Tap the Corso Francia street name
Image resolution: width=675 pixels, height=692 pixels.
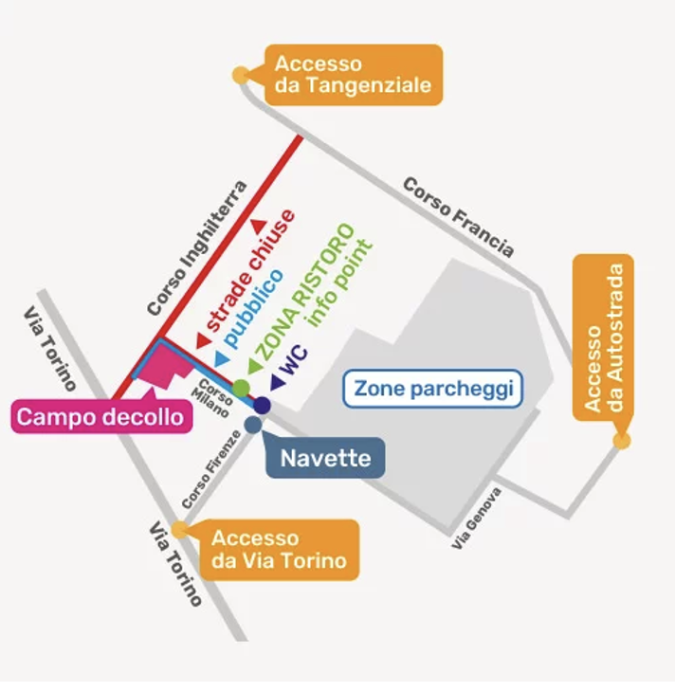[459, 216]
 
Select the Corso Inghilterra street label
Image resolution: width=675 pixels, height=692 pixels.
[197, 248]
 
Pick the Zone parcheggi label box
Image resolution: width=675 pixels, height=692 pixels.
[432, 388]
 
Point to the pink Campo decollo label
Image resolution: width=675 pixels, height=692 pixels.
[100, 416]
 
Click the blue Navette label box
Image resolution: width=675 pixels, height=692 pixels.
[325, 459]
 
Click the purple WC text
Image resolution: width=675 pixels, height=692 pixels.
[295, 361]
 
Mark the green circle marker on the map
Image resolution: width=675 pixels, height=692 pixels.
[242, 388]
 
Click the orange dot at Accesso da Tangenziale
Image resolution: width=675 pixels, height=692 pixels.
[240, 74]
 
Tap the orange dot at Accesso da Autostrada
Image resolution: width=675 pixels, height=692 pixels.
[622, 440]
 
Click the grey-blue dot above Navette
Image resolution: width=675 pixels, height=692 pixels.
[252, 425]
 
